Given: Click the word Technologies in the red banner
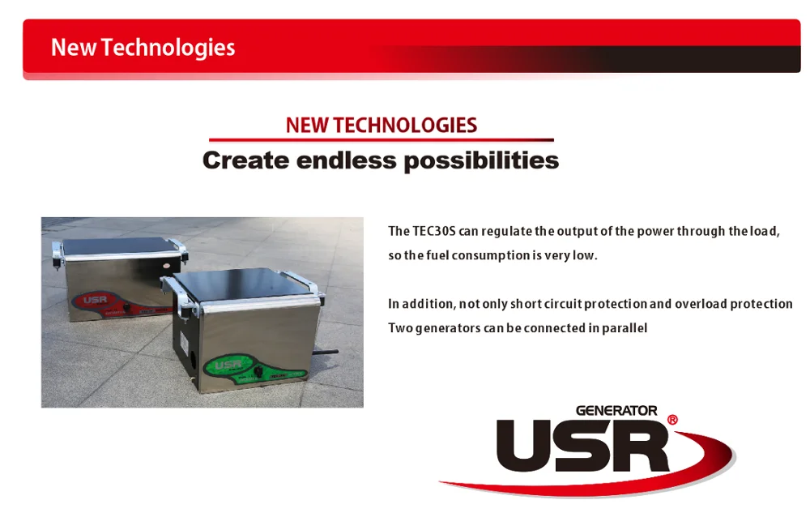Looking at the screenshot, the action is [x=168, y=48].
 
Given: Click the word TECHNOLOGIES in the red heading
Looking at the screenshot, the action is [x=405, y=126].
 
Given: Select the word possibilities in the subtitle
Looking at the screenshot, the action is [x=481, y=161].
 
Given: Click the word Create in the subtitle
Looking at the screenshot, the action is [x=245, y=160].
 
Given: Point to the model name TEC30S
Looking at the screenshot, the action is [x=434, y=231].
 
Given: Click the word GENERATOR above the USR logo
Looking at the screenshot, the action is [x=616, y=411].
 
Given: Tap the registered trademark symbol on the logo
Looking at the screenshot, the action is [x=672, y=420].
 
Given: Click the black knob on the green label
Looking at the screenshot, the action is [x=258, y=372].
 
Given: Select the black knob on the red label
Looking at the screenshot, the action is [x=126, y=307].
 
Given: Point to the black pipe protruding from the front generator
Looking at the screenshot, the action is [x=325, y=353].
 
